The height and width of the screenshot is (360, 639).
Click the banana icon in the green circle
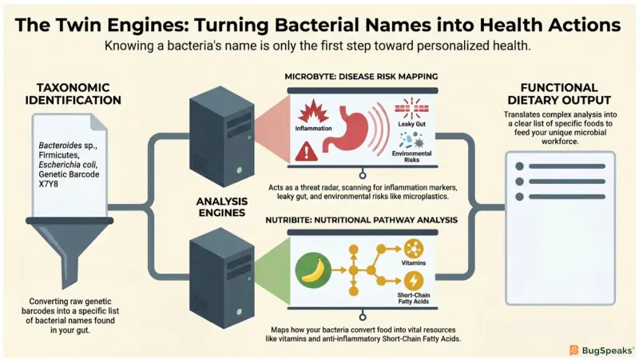point(312,270)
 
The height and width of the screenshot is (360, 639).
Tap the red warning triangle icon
point(306,151)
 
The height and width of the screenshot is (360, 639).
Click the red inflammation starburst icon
point(313,111)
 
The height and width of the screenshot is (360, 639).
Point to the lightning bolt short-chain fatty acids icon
point(413,282)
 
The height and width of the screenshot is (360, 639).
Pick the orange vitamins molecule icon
point(414,249)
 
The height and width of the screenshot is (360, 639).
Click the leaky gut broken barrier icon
point(411,108)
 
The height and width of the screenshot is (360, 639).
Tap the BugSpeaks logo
point(601,350)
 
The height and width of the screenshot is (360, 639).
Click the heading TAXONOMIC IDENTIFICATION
point(73,94)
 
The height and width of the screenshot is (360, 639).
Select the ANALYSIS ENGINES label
point(222,207)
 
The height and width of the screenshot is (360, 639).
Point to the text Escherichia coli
point(68,165)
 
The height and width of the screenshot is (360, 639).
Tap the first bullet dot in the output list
point(519,166)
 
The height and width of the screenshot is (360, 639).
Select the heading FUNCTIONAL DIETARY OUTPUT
point(559,94)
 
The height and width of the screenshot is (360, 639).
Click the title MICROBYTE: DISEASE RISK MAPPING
point(361,77)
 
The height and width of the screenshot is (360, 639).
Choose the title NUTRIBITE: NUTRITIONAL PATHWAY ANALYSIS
point(362,220)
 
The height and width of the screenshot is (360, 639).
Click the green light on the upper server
point(239,170)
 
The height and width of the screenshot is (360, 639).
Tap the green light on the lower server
point(239,312)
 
